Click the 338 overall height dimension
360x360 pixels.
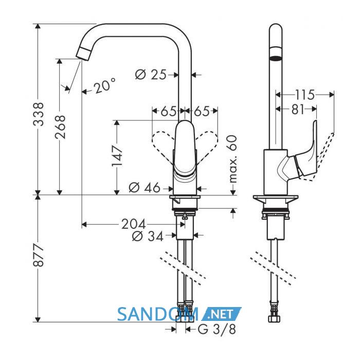pyautogui.click(x=39, y=114)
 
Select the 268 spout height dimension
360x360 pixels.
pyautogui.click(x=60, y=127)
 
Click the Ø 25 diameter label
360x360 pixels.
pyautogui.click(x=150, y=75)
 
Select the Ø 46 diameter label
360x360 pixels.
pyautogui.click(x=145, y=188)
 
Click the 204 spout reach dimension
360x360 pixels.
pyautogui.click(x=133, y=224)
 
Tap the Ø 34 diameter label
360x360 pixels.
pyautogui.click(x=148, y=236)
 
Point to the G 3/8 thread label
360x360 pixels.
pyautogui.click(x=217, y=330)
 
